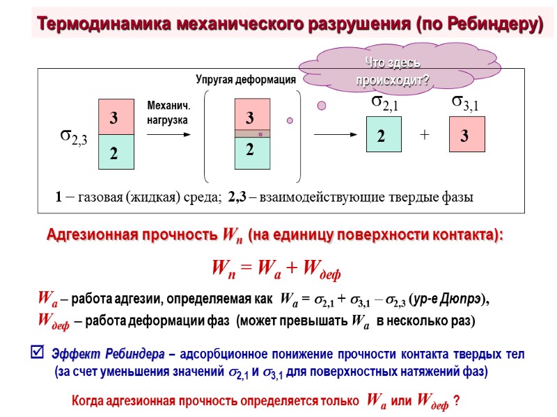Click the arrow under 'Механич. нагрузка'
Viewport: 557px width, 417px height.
click(x=168, y=134)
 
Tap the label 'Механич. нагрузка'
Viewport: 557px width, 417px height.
click(x=168, y=113)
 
